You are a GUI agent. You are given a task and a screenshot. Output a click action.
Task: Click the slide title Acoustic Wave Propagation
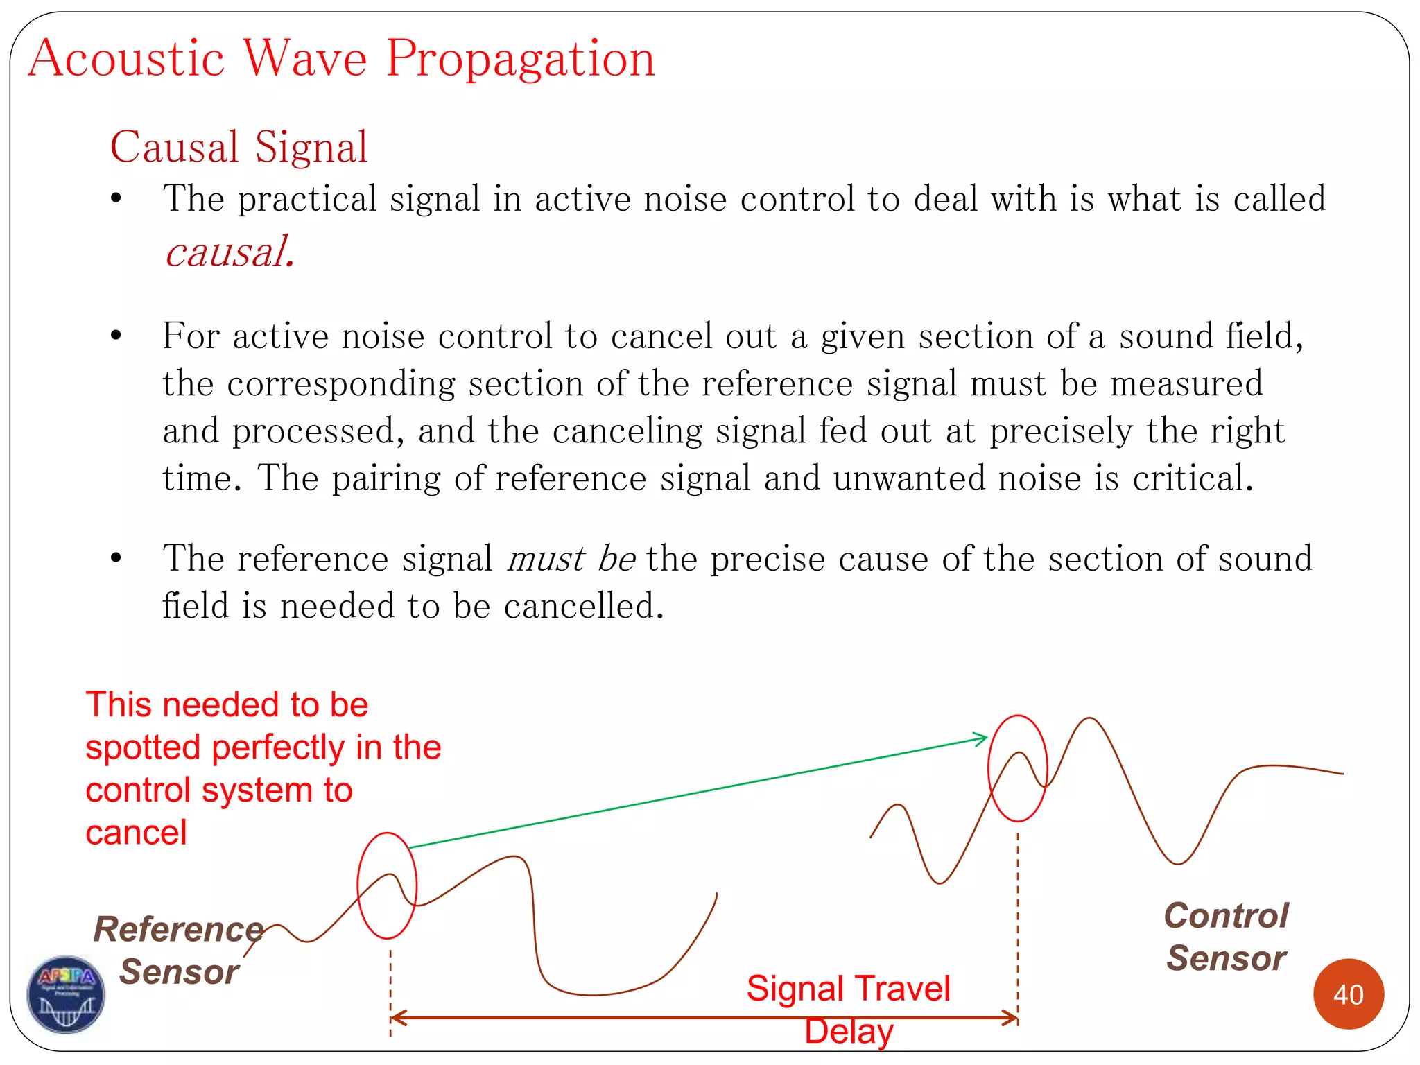[341, 59]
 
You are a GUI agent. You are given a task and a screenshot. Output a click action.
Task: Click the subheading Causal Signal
[239, 147]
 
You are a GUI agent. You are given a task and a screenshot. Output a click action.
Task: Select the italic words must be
[571, 559]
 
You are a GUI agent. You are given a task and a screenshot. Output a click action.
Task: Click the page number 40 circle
[1348, 994]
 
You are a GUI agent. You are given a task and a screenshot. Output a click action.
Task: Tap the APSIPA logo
[66, 994]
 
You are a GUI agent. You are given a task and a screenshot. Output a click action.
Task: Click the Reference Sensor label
[179, 950]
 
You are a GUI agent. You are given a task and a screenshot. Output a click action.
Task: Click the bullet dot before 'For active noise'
[116, 336]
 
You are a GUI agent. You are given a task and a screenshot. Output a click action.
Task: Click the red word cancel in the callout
[136, 833]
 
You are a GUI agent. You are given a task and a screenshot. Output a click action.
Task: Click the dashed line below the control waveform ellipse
[1018, 915]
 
